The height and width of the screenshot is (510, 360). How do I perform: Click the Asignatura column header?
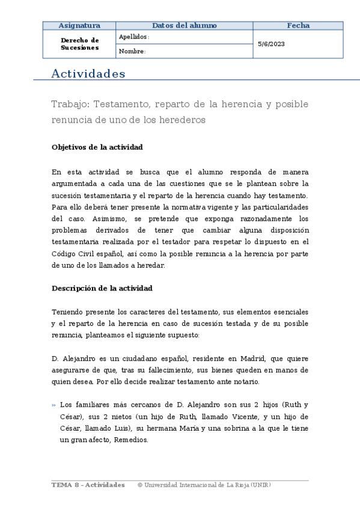(x=79, y=25)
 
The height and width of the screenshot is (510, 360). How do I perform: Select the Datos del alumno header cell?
(x=185, y=25)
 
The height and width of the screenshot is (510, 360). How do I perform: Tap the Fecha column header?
(x=298, y=25)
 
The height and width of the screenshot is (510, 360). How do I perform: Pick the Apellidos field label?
(x=133, y=37)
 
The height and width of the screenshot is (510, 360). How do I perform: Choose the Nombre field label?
(x=132, y=51)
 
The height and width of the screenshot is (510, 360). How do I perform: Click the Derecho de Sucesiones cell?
(x=79, y=44)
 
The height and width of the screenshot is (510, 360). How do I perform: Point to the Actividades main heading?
(x=88, y=74)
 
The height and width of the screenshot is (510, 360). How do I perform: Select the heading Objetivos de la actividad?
(x=97, y=147)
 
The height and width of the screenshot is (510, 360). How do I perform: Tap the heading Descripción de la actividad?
(x=102, y=288)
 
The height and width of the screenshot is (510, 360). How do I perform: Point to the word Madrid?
(x=233, y=359)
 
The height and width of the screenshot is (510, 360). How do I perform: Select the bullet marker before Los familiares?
(x=54, y=405)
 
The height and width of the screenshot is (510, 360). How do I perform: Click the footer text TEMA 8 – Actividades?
(x=88, y=485)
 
